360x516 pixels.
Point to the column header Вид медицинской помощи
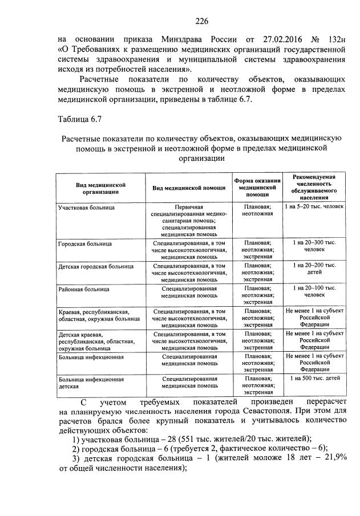(189, 189)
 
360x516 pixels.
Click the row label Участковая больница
(86, 208)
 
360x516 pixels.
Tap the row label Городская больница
(84, 244)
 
